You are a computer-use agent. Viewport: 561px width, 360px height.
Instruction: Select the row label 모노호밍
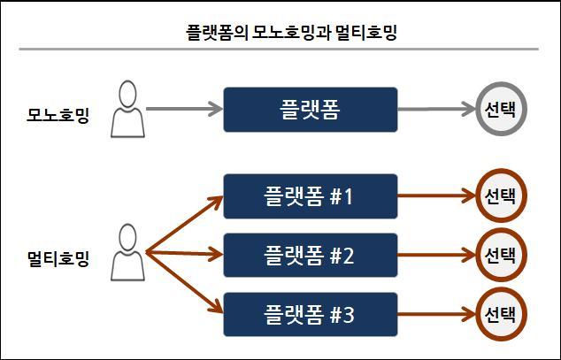(x=58, y=115)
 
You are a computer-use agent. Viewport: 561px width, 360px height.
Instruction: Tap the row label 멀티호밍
(x=58, y=260)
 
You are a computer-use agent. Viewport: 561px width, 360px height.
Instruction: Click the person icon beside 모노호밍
(x=127, y=110)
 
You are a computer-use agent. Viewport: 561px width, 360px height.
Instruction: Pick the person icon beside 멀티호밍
(x=127, y=253)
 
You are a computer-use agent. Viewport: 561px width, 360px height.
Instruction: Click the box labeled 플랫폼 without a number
(x=310, y=110)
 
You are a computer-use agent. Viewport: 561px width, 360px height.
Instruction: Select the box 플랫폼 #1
(x=310, y=195)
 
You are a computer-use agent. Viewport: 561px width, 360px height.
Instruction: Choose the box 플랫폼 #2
(x=310, y=256)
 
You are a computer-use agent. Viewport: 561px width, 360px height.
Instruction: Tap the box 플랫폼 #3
(x=310, y=313)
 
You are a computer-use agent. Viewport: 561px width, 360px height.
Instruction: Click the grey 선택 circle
(x=500, y=110)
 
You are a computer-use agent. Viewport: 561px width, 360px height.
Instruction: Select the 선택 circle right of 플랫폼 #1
(x=500, y=195)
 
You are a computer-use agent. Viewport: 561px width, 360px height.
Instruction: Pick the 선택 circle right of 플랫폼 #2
(x=500, y=256)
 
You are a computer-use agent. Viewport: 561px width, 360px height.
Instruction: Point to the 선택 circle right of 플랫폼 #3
(x=500, y=313)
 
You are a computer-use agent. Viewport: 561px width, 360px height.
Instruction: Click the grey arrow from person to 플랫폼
(x=182, y=110)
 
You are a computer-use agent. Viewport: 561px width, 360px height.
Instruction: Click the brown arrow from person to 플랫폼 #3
(x=181, y=283)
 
